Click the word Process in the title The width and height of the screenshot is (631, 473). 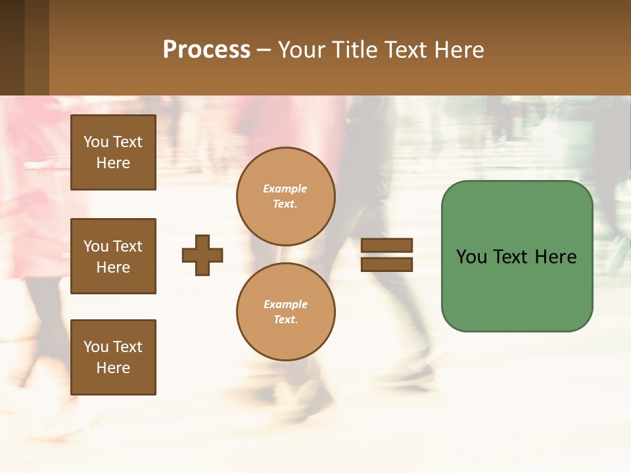click(x=206, y=50)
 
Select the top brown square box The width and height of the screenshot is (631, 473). click(x=113, y=152)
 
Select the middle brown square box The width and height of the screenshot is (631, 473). click(x=113, y=256)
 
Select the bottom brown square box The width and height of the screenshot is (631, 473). click(x=113, y=357)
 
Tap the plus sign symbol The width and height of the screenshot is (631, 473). click(x=202, y=255)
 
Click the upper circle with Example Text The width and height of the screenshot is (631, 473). click(x=285, y=196)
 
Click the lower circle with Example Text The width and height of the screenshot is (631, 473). click(x=285, y=312)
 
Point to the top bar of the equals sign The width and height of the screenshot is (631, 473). click(x=386, y=246)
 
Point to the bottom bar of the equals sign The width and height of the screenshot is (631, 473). click(x=386, y=264)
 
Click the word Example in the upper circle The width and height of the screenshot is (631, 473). click(x=285, y=189)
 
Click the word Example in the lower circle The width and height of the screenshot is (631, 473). click(x=285, y=305)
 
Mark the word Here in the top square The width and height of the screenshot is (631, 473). click(x=113, y=163)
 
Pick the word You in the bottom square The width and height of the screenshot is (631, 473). click(x=96, y=347)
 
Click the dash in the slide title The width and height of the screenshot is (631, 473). click(x=264, y=50)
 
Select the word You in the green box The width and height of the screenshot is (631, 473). click(x=471, y=257)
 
